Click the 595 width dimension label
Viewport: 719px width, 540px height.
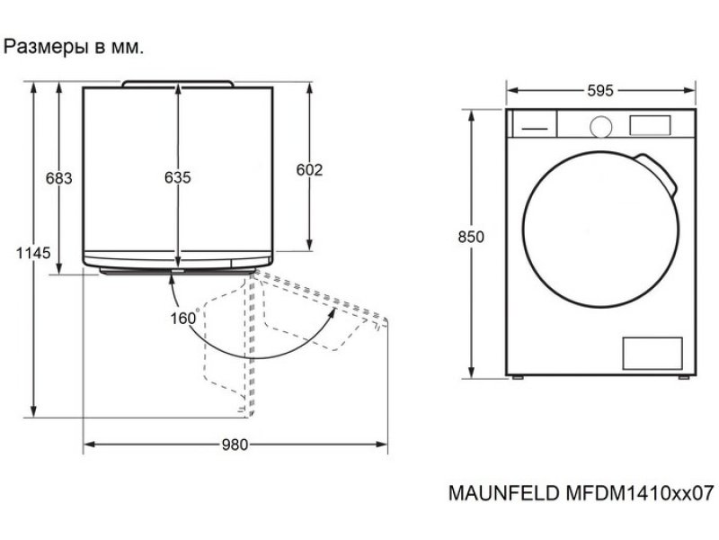pyautogui.click(x=599, y=91)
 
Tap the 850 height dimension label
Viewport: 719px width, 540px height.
pyautogui.click(x=471, y=237)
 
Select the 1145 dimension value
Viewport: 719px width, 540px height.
pyautogui.click(x=33, y=253)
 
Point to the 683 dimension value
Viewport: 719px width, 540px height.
pyautogui.click(x=59, y=177)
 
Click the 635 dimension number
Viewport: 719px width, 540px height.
pyautogui.click(x=177, y=177)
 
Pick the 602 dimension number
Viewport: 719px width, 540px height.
pyautogui.click(x=309, y=170)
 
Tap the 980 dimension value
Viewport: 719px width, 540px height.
pyautogui.click(x=235, y=445)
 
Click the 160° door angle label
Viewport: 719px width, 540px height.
pyautogui.click(x=185, y=318)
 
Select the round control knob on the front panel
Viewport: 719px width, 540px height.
pyautogui.click(x=600, y=127)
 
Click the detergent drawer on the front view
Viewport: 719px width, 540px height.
pyautogui.click(x=534, y=123)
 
